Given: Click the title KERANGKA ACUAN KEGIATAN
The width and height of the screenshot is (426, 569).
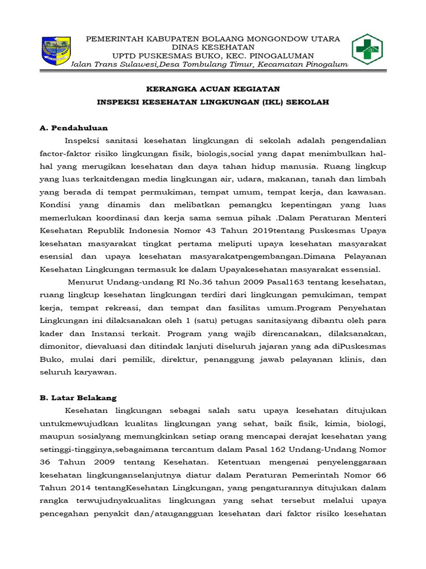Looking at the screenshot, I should pyautogui.click(x=213, y=88).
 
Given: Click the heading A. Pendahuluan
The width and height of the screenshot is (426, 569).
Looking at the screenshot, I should pyautogui.click(x=74, y=128).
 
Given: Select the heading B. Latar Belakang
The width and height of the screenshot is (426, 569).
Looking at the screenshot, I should pyautogui.click(x=78, y=397).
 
